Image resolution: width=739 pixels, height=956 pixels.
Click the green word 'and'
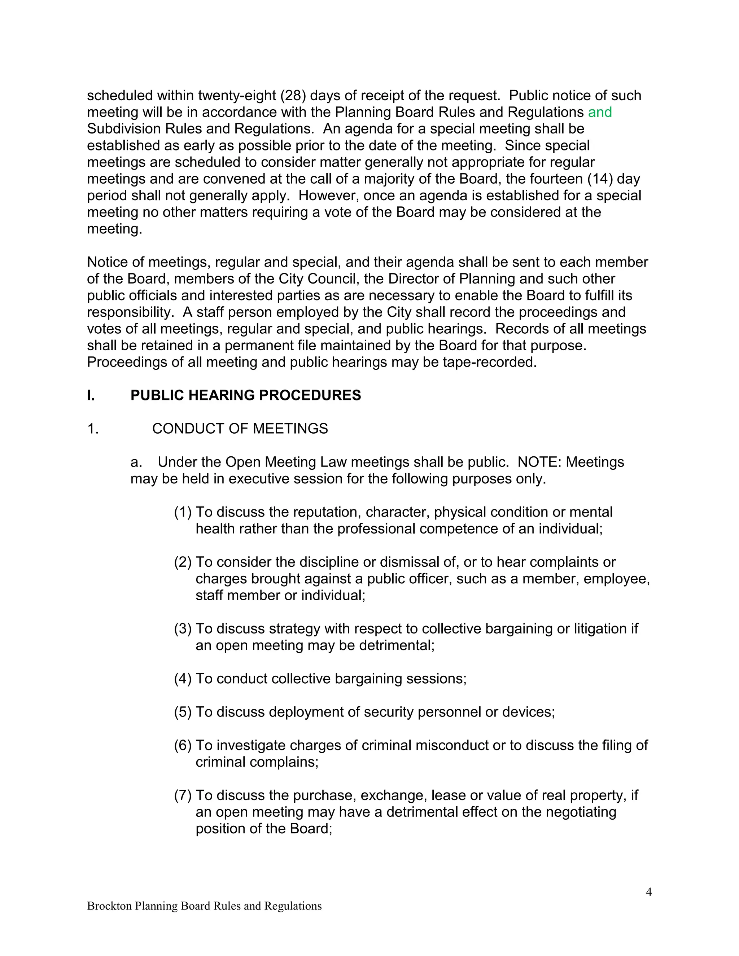pyautogui.click(x=599, y=112)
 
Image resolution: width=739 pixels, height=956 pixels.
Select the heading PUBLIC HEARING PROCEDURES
pyautogui.click(x=246, y=395)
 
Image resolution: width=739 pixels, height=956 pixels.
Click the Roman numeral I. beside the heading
pyautogui.click(x=91, y=395)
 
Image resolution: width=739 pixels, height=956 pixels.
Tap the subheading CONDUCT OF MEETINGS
pyautogui.click(x=240, y=429)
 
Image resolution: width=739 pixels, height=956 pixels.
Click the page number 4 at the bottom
pyautogui.click(x=649, y=892)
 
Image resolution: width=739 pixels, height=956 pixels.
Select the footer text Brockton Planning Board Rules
pyautogui.click(x=204, y=906)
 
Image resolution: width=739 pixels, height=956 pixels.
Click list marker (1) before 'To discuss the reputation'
pyautogui.click(x=183, y=512)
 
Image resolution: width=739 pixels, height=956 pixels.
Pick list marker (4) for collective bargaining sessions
pyautogui.click(x=183, y=679)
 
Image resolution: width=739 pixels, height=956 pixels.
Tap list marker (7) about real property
pyautogui.click(x=183, y=795)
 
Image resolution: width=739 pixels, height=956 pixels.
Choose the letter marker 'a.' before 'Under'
pyautogui.click(x=136, y=462)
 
